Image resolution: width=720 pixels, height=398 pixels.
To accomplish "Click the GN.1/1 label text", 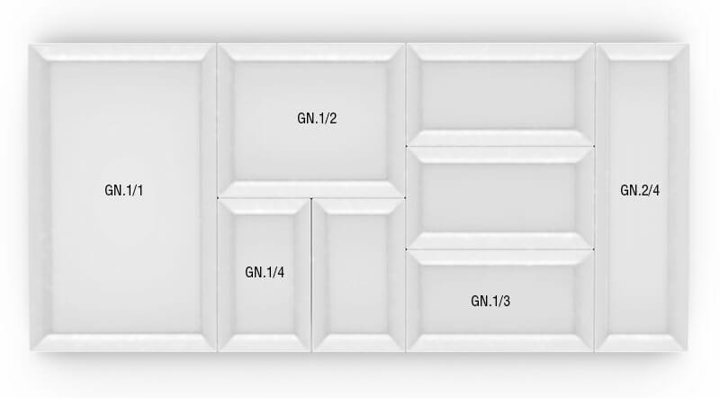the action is [124, 191].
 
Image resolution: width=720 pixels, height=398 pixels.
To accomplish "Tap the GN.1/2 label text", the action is [317, 118].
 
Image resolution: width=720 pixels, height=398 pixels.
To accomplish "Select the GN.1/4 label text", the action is [265, 272].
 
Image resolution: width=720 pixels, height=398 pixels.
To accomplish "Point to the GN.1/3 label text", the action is [490, 300].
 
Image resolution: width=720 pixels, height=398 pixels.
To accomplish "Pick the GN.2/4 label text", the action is [640, 191].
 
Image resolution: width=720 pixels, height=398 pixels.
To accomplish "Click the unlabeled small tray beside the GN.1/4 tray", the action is [358, 275].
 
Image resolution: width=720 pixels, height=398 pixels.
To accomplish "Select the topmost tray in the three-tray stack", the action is [499, 94].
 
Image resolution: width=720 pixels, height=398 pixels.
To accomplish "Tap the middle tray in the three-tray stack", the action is [499, 197].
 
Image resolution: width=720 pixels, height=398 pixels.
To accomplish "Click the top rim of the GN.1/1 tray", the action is [122, 53].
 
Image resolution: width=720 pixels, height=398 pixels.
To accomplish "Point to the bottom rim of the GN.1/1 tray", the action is [122, 341].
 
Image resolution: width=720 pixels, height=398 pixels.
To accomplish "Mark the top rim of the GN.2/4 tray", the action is [642, 52].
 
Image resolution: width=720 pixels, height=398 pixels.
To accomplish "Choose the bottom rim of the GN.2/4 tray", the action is [642, 342].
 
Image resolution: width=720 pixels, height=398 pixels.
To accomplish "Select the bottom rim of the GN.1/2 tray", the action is [311, 189].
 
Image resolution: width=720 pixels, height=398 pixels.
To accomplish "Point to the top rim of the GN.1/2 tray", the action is [311, 53].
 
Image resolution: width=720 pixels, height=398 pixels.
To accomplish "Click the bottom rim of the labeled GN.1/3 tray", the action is [499, 342].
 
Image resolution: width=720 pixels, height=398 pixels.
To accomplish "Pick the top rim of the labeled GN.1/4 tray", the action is [265, 206].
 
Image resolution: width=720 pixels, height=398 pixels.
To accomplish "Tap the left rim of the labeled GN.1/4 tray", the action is [226, 275].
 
